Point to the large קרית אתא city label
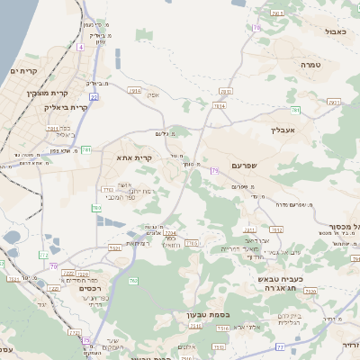[134, 157]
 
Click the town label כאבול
[336, 31]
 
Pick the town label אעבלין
[283, 130]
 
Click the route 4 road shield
[80, 46]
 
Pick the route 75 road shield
[86, 341]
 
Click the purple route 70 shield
[54, 266]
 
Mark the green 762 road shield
[133, 282]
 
